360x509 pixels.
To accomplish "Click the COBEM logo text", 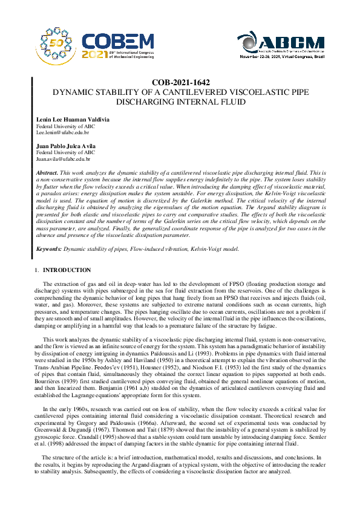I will click(118, 41).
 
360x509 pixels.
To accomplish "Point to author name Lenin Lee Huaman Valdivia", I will click(73, 120).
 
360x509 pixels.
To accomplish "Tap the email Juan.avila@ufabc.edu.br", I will click(64, 159).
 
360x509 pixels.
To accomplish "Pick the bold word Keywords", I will click(49, 248).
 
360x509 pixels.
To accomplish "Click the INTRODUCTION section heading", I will click(68, 270).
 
